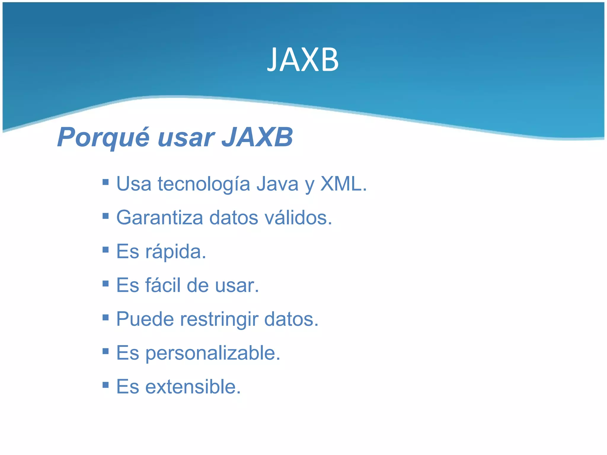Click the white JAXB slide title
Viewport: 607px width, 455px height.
pyautogui.click(x=303, y=60)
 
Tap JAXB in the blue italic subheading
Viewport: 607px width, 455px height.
pyautogui.click(x=257, y=137)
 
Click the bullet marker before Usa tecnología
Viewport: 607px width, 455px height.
pyautogui.click(x=105, y=182)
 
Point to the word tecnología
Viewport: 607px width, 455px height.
pyautogui.click(x=204, y=184)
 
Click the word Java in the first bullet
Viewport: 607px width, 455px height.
pyautogui.click(x=277, y=184)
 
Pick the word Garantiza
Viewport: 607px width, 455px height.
pyautogui.click(x=160, y=218)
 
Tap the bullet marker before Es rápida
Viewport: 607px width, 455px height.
pyautogui.click(x=105, y=249)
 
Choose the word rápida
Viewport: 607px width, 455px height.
pyautogui.click(x=175, y=252)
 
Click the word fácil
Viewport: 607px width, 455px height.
pyautogui.click(x=163, y=285)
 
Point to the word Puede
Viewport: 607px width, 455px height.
pyautogui.click(x=145, y=319)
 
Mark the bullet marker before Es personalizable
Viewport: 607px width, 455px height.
pyautogui.click(x=105, y=351)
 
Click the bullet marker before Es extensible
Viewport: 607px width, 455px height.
pyautogui.click(x=105, y=385)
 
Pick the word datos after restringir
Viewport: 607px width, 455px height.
pyautogui.click(x=291, y=319)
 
